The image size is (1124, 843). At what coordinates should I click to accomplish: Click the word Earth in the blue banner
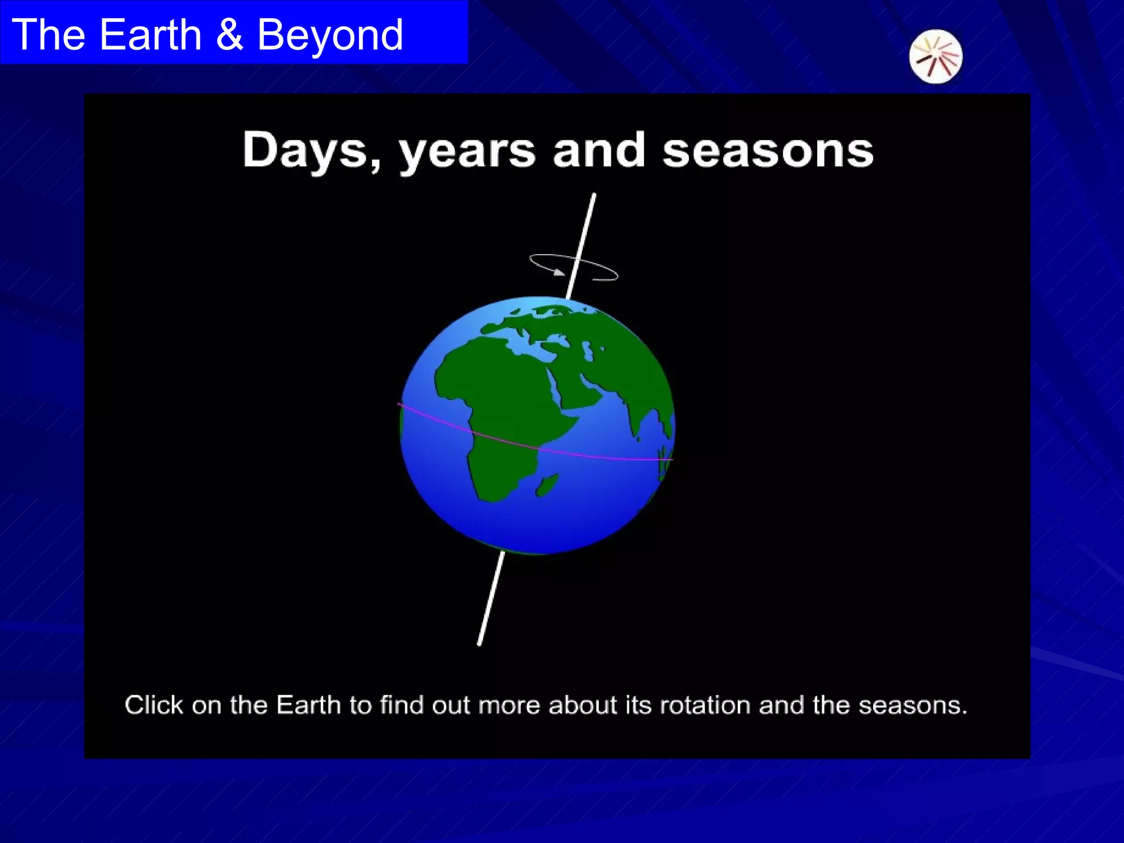point(151,35)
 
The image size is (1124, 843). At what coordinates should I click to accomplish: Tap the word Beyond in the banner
point(330,35)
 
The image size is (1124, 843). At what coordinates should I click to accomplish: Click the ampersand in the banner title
point(229,35)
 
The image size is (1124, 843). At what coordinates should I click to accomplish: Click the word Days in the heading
point(305,150)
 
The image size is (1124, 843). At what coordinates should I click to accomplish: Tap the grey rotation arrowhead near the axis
point(558,272)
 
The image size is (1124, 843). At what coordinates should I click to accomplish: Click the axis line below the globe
point(491,598)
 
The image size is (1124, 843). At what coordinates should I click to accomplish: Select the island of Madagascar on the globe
point(547,485)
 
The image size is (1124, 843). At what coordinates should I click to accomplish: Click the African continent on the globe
point(494,395)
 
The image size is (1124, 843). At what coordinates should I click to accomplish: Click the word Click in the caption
point(153,705)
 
